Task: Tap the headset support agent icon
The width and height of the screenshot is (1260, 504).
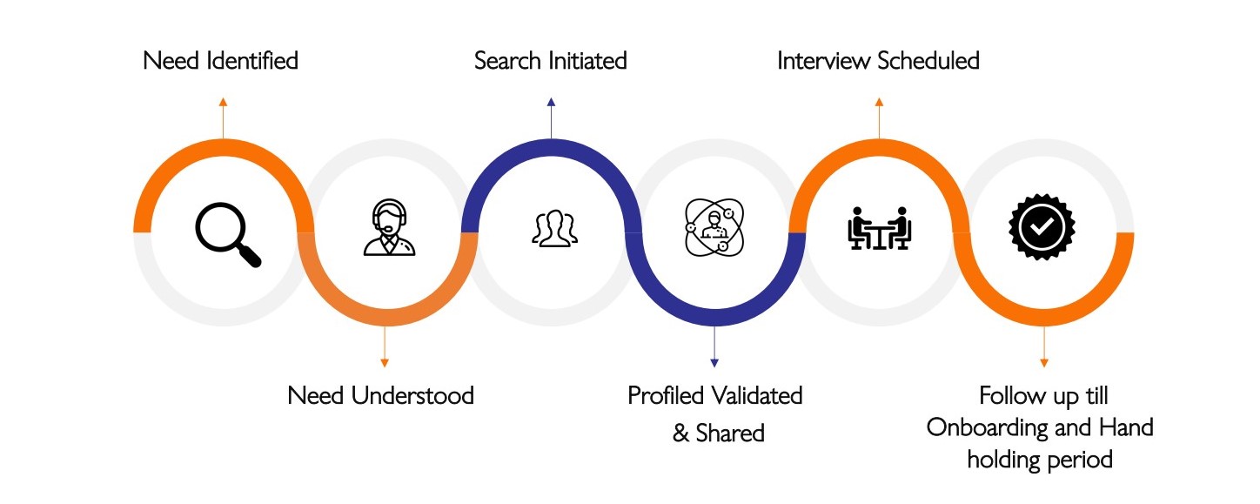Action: point(389,228)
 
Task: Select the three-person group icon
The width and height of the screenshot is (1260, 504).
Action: point(554,228)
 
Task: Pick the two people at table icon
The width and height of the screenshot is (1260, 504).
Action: point(879,228)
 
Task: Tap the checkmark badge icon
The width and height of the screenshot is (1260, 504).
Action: point(1042,228)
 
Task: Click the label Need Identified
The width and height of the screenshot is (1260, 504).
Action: point(220,61)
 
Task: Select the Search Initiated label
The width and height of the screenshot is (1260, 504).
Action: point(550,61)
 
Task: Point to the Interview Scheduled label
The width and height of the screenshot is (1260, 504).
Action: point(878,61)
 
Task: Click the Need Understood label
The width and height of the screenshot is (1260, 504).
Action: point(380,396)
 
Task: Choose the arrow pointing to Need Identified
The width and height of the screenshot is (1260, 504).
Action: point(223,118)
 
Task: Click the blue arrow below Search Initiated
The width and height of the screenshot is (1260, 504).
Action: point(551,118)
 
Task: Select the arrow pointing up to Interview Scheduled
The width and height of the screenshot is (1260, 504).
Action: point(879,118)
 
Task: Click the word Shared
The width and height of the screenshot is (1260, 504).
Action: point(730,433)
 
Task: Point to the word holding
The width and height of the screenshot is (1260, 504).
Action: point(1003,459)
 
